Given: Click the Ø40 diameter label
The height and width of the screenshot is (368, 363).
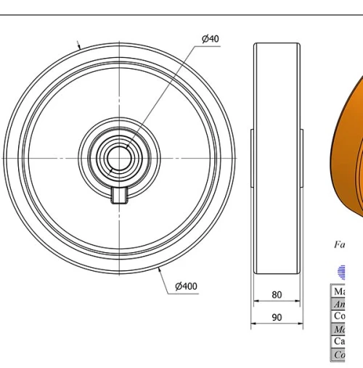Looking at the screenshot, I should pos(210,38).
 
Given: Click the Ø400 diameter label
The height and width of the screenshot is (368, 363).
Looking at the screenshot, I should pos(186,287).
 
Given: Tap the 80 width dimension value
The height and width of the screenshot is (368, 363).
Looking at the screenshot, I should pos(277,295).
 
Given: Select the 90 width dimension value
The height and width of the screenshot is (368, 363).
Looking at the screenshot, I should pos(277,317).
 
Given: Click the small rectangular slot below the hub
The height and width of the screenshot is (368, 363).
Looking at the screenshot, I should pos(120,195).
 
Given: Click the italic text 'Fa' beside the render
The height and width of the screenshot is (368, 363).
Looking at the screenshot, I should pos(339,245).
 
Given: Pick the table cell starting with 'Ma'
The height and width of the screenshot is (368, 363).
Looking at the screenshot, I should pos(339,291).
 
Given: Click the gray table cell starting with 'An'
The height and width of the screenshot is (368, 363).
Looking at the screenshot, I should pos(339,304).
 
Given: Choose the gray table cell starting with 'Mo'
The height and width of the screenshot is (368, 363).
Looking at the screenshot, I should pos(339,330).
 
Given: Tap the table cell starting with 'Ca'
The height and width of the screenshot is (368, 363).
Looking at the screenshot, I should pos(339,342).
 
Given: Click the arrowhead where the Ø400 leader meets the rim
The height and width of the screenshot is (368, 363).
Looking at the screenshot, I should pos(158,270).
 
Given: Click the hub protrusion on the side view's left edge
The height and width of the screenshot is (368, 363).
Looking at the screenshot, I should pos(253,157).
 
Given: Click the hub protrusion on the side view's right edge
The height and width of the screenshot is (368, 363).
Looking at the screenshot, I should pos(301,157).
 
